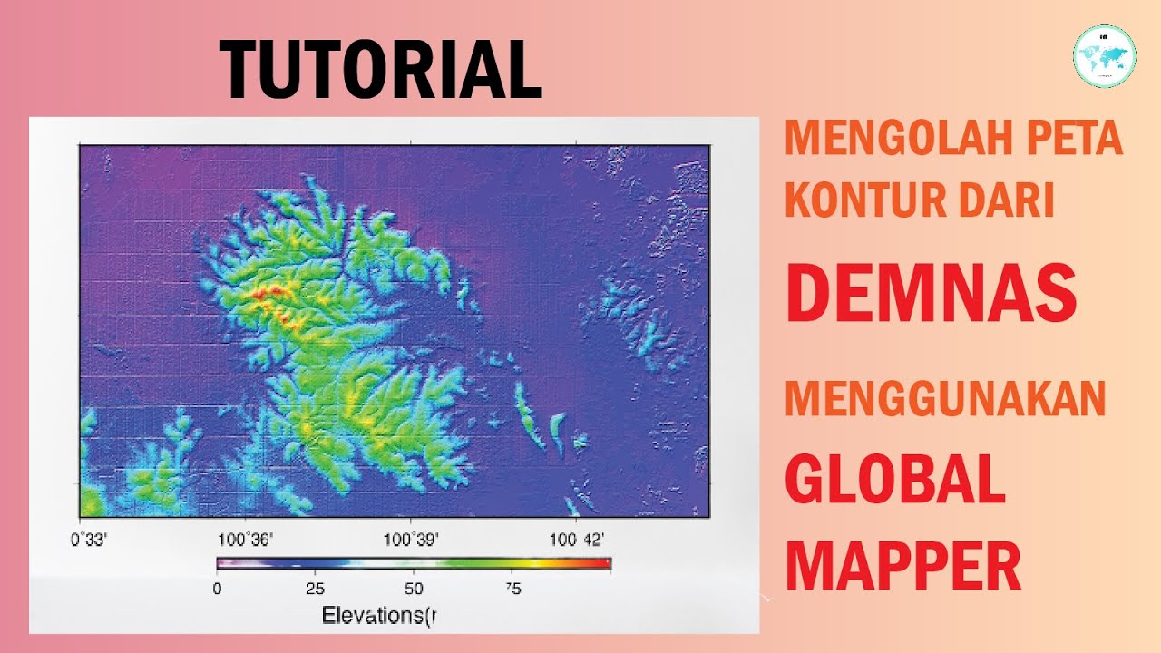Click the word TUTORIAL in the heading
tap(381, 70)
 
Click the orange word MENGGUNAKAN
tap(945, 400)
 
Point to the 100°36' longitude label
tap(245, 541)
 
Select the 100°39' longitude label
tap(411, 541)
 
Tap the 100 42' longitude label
tap(576, 541)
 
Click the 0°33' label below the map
tap(90, 541)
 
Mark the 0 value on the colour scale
tap(217, 588)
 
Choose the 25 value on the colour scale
tap(315, 588)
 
